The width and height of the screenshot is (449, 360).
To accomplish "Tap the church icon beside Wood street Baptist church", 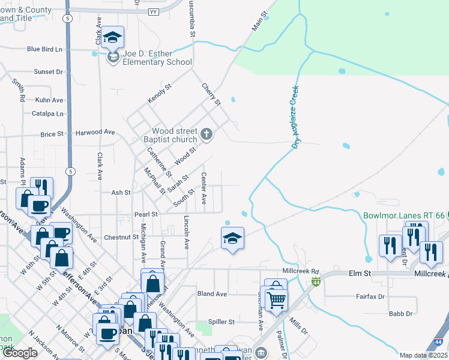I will point(206,134).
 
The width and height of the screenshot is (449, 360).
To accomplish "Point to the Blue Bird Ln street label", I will point(45,49).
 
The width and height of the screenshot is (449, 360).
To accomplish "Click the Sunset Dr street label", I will point(49,72).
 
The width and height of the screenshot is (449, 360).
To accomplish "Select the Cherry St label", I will point(211,94).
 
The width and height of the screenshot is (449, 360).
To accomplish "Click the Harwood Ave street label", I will point(95,132).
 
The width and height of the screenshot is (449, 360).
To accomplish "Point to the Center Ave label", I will point(203,188).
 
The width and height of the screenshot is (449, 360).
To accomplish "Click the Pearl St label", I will point(146,214).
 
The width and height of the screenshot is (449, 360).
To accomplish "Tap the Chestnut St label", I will point(121,238).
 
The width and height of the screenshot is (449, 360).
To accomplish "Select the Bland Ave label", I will point(212,294).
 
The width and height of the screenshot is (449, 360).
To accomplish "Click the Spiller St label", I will point(221,322).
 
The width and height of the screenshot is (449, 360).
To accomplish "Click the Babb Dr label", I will point(400,314).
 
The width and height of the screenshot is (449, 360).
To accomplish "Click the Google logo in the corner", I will point(20,353).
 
